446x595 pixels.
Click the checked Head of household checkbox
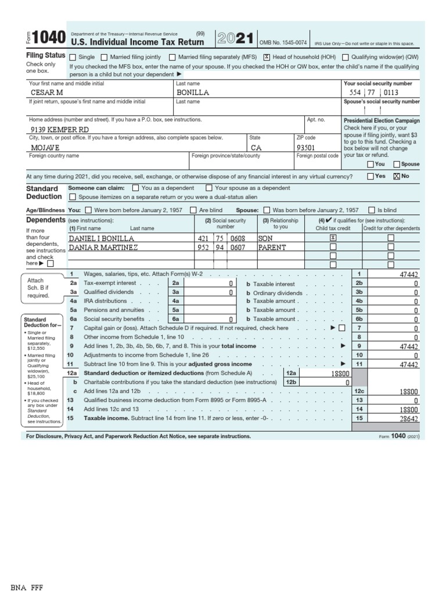pos(266,57)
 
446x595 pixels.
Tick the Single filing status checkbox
pos(73,57)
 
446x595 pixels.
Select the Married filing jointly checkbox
pos(104,57)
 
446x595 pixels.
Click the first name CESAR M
pos(47,92)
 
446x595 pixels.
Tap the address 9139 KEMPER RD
pos(60,130)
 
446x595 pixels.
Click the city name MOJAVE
pos(45,148)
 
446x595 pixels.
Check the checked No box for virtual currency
pos(397,176)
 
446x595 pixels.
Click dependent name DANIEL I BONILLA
pos(102,238)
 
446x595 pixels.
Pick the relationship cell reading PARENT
pos(272,247)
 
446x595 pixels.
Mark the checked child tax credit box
pos(333,238)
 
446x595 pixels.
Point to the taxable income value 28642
pos(408,418)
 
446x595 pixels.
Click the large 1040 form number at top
pos(47,38)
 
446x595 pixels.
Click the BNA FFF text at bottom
pos(27,587)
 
